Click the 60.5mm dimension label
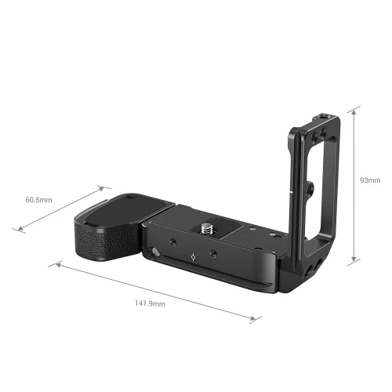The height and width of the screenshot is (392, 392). coord(38,200)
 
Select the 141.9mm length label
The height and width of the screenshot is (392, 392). coord(150,303)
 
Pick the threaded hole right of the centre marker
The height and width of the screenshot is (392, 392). coord(212,256)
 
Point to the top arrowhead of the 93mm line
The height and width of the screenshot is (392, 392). coord(356,107)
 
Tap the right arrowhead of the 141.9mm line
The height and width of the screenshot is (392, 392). coord(254,319)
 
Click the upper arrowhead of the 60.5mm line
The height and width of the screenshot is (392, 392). coord(103,187)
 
